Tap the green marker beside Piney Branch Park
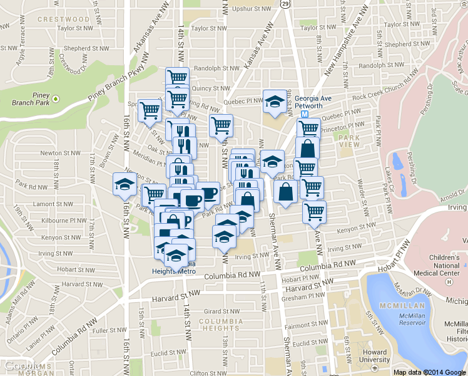point(55,98)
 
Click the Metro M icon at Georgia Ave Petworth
point(305,115)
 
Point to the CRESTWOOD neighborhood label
point(63,19)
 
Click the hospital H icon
point(449,282)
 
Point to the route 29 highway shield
point(285,4)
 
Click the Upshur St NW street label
point(252,9)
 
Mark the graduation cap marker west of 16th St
point(125,184)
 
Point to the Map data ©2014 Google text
point(430,372)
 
